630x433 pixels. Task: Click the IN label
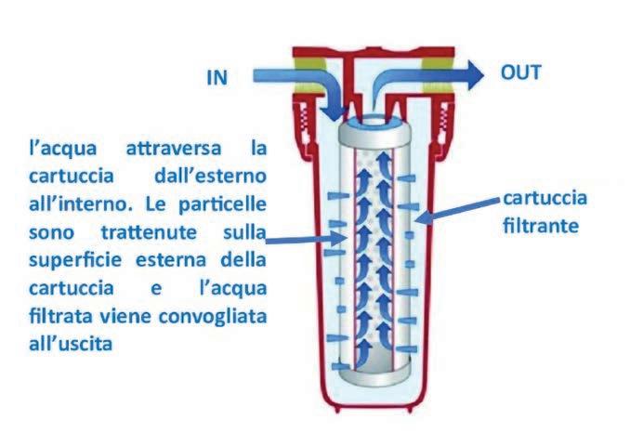coord(218,78)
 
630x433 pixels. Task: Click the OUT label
coord(521,72)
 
